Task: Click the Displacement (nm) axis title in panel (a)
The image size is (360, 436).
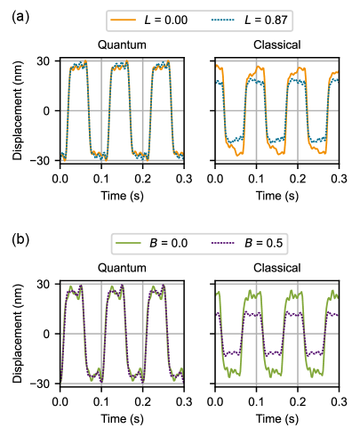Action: point(17,110)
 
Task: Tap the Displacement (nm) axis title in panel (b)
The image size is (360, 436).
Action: point(17,334)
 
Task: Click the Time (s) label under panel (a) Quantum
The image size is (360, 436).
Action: point(122,194)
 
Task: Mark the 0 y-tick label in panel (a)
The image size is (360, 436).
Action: point(50,111)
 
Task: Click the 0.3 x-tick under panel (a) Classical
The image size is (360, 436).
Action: point(338,178)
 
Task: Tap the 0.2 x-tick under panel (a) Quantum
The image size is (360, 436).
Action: point(143,178)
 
